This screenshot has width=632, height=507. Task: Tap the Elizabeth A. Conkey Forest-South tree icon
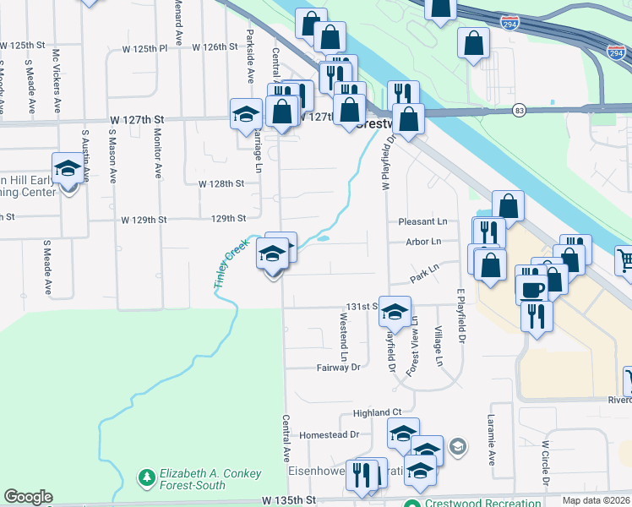[x=147, y=478]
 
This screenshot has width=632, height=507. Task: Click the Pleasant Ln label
[x=423, y=221]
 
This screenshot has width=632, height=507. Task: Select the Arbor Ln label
[x=424, y=242]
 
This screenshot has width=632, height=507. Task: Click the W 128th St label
[x=221, y=183]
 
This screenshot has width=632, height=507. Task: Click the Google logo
[x=28, y=497]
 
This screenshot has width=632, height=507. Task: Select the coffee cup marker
[x=531, y=289]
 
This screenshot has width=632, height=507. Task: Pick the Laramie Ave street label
[x=491, y=447]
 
